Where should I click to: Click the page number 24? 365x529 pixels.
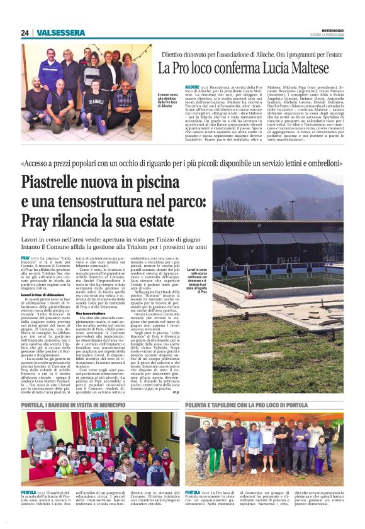25,33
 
